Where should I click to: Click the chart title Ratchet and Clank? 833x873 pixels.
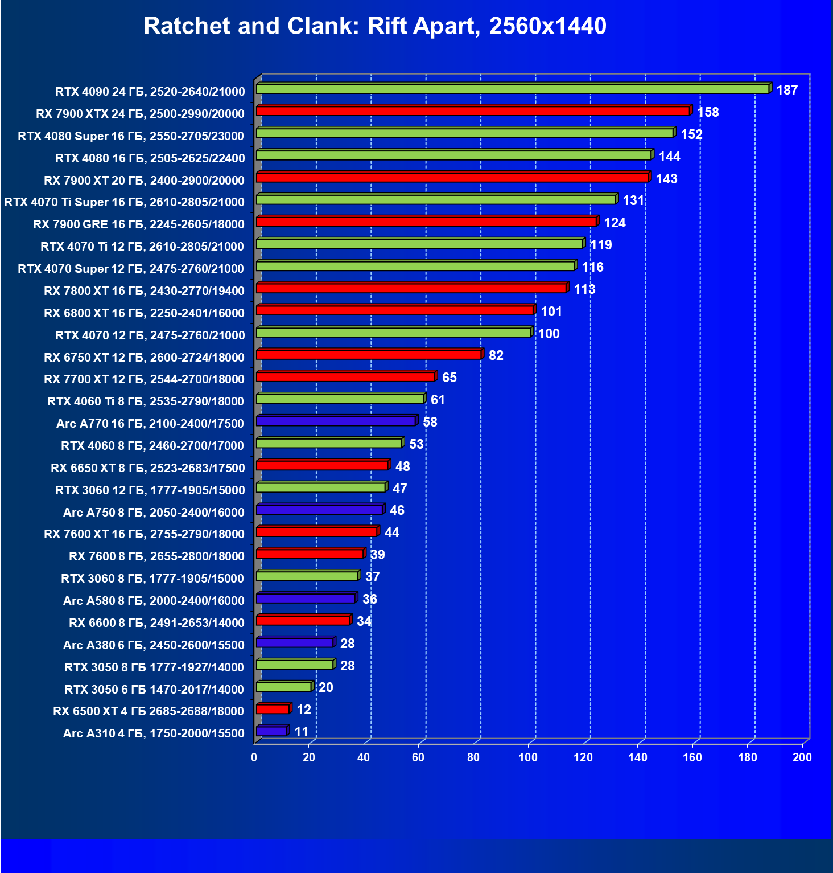[374, 26]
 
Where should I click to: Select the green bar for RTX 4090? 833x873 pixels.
[512, 89]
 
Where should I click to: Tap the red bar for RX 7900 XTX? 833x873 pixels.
[472, 111]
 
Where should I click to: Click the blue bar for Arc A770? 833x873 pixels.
[336, 421]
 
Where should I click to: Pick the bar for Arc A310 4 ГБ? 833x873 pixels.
[271, 731]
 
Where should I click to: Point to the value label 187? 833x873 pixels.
[787, 90]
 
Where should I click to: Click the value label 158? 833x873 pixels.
[708, 112]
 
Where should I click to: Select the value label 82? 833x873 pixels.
[496, 355]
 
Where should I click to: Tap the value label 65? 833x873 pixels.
[449, 378]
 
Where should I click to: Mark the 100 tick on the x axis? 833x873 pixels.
[528, 757]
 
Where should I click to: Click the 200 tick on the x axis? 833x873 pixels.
[802, 757]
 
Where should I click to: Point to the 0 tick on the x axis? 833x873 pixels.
[254, 757]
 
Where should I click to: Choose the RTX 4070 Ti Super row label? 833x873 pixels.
[124, 202]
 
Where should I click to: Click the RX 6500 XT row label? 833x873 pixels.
[148, 711]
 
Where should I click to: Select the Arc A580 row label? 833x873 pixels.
[154, 601]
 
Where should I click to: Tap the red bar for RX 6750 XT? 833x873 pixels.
[369, 355]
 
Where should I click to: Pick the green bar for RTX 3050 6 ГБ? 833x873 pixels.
[283, 687]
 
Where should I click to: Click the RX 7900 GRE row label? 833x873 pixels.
[138, 224]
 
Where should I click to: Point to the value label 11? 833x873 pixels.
[301, 732]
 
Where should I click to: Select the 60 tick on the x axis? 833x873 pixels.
[418, 757]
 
